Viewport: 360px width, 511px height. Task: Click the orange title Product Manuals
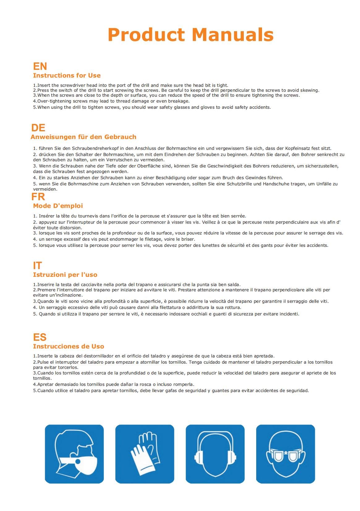pyautogui.click(x=190, y=35)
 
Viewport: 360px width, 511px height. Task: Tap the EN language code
pyautogui.click(x=40, y=66)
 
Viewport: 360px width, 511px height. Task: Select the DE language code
pyautogui.click(x=38, y=128)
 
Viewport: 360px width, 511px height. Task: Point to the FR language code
pyautogui.click(x=38, y=196)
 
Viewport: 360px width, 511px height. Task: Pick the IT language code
pyautogui.click(x=37, y=265)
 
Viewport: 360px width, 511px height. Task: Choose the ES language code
pyautogui.click(x=40, y=337)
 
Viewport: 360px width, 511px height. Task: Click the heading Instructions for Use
pyautogui.click(x=67, y=75)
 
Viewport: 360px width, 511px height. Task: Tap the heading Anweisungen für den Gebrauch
pyautogui.click(x=83, y=137)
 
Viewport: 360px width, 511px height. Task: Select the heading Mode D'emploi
pyautogui.click(x=58, y=206)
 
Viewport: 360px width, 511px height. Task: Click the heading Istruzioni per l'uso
pyautogui.click(x=65, y=275)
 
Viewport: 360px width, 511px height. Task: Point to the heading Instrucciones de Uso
pyautogui.click(x=69, y=346)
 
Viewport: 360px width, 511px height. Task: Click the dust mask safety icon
pyautogui.click(x=74, y=454)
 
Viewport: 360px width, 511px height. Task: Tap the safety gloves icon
pyautogui.click(x=145, y=454)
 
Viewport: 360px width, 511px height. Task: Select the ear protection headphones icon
pyautogui.click(x=215, y=454)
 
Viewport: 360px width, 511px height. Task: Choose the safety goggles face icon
pyautogui.click(x=286, y=454)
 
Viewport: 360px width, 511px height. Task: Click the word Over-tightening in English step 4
pyautogui.click(x=52, y=101)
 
